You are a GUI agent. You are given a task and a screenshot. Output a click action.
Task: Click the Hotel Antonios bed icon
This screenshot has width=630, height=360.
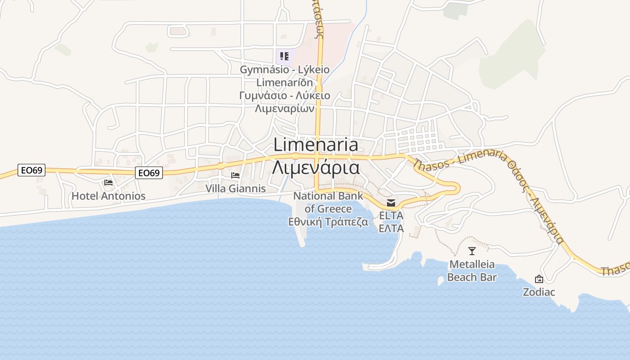coord(108,182)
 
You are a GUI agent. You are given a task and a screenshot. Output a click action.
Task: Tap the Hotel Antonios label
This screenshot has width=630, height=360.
coord(108,196)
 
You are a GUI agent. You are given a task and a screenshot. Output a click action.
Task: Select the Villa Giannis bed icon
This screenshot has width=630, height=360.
coord(235,175)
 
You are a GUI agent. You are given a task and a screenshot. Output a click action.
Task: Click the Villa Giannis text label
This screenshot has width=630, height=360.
coord(235,189)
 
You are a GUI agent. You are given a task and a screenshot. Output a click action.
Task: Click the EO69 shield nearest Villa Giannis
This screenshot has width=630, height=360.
coord(149,173)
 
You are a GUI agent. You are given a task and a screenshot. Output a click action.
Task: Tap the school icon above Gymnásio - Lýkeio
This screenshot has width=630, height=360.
coord(284,56)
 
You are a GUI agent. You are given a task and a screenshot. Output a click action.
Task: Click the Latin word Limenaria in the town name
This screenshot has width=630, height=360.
coord(315,145)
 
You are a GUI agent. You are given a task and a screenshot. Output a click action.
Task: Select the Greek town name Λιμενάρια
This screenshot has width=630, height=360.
coord(315,168)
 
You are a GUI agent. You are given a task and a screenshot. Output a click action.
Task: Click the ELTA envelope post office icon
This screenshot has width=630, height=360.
coord(391,203)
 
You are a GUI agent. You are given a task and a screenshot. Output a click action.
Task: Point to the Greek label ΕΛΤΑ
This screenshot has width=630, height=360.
coord(391,229)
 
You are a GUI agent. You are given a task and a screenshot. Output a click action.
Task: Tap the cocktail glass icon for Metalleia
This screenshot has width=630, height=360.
coord(472,251)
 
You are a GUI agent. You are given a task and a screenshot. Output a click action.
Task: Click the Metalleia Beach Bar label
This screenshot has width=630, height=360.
coord(472,271)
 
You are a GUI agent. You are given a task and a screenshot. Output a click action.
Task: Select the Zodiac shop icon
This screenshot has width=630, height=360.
coord(539,279)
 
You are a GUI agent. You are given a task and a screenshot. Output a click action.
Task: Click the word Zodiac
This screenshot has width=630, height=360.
coord(539,292)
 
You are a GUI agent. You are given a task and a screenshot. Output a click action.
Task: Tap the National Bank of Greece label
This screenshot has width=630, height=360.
coord(328,202)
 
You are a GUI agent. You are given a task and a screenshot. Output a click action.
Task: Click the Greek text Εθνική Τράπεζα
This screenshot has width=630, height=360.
coord(328,222)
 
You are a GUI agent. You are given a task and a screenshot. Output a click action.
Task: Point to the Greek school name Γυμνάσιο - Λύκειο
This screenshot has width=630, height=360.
coord(284,95)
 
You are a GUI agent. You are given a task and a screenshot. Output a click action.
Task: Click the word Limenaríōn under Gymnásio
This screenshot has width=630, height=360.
coord(284,83)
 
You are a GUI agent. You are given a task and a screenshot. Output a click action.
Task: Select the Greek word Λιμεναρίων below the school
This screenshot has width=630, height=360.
coord(284,108)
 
